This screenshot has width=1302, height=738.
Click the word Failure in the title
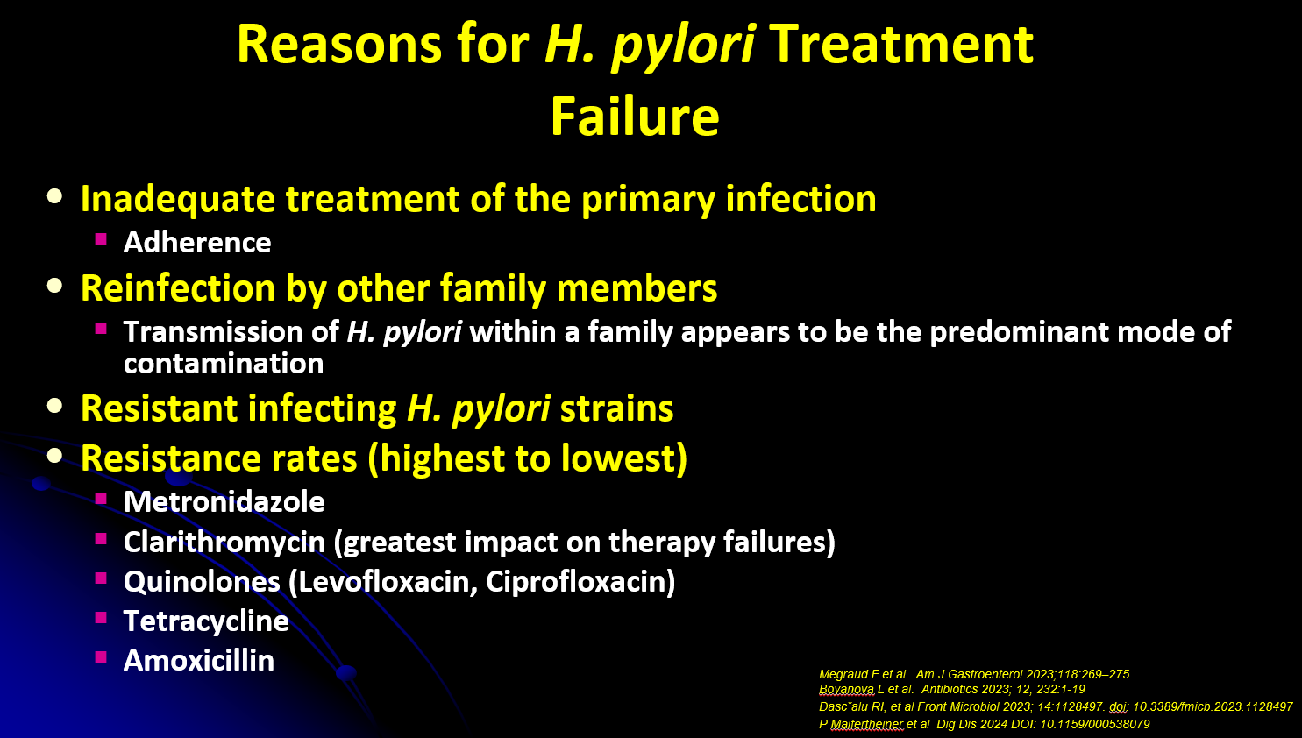tap(635, 117)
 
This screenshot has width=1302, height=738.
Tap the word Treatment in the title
tap(901, 45)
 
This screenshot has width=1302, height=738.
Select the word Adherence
tap(197, 242)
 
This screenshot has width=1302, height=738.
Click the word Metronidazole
tap(224, 501)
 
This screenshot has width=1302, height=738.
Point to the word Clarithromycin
tap(224, 543)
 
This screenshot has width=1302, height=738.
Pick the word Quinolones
tap(202, 582)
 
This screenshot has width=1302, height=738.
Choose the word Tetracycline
tap(206, 621)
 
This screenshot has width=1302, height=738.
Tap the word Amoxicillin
tap(199, 661)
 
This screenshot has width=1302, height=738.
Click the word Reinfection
tap(178, 288)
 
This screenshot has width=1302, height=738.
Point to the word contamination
tap(224, 364)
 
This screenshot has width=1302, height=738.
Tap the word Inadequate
tap(178, 199)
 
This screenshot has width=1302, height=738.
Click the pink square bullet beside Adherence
tap(101, 238)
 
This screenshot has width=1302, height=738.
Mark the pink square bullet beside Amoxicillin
tap(101, 657)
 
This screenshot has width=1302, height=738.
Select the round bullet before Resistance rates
tap(54, 456)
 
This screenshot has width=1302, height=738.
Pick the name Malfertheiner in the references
tap(867, 725)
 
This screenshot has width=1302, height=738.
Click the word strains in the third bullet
tap(616, 408)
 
